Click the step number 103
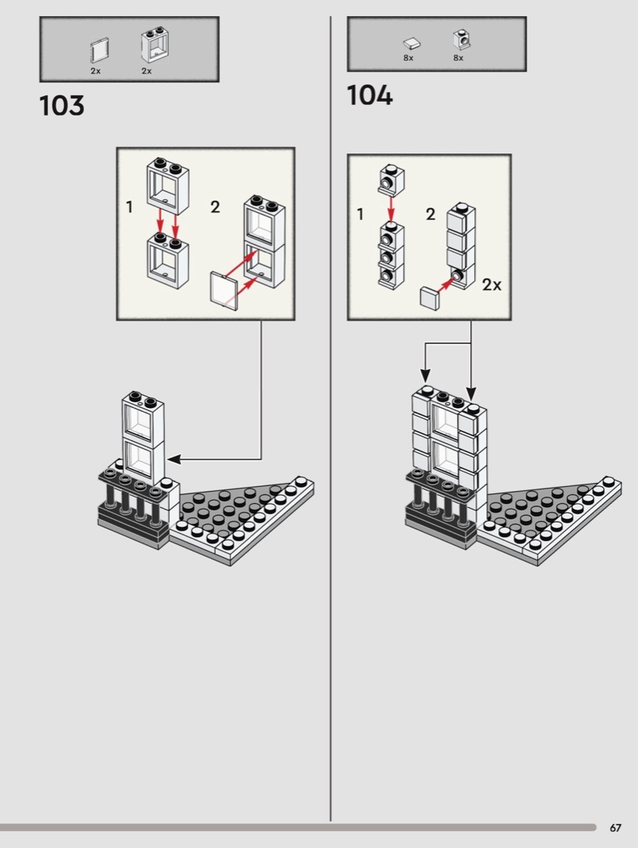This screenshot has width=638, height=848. [61, 106]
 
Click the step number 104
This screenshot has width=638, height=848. [370, 95]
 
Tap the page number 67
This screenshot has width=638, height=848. [615, 828]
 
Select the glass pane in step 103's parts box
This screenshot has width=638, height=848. [99, 51]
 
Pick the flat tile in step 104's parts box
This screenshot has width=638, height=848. [412, 44]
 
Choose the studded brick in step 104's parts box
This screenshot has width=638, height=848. [461, 40]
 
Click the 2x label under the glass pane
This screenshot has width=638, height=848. [95, 71]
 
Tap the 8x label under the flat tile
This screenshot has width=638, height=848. [408, 58]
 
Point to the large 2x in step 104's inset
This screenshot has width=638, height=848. [492, 284]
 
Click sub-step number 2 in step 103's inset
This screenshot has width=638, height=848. [215, 207]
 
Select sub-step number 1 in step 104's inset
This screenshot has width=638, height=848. [360, 214]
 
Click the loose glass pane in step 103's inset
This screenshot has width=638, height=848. [224, 292]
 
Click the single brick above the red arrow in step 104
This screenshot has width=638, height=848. [392, 178]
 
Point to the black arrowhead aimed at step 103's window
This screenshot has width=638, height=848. [174, 460]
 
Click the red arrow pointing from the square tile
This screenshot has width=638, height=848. [447, 283]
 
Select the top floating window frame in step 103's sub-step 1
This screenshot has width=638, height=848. [168, 186]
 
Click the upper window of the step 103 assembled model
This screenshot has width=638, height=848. [143, 415]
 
